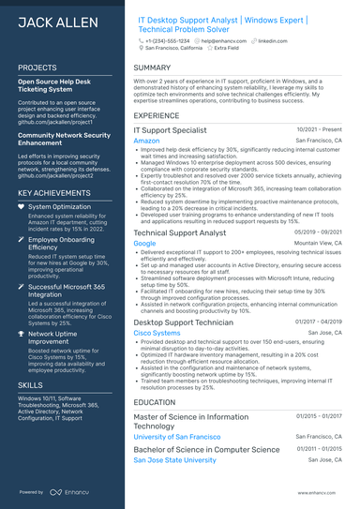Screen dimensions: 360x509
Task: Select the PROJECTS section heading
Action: pyautogui.click(x=37, y=68)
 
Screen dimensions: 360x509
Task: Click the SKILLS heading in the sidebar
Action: pyautogui.click(x=30, y=385)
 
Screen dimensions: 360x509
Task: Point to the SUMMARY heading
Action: pyautogui.click(x=152, y=68)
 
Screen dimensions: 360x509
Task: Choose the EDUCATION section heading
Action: pyautogui.click(x=156, y=402)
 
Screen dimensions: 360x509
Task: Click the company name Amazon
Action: pyautogui.click(x=146, y=141)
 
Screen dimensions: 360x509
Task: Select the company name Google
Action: pyautogui.click(x=144, y=243)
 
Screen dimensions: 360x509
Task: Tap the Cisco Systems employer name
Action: pyautogui.click(x=157, y=333)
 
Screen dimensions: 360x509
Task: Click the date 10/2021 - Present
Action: pyautogui.click(x=321, y=128)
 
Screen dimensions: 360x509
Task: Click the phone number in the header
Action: pyautogui.click(x=168, y=41)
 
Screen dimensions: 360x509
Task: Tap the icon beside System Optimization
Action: pyautogui.click(x=22, y=206)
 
